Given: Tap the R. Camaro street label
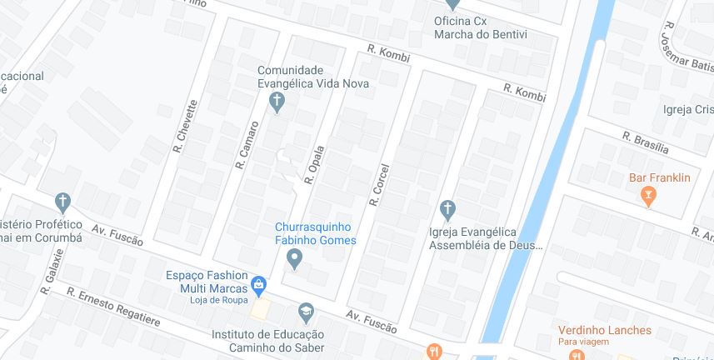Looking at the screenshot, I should [247, 145].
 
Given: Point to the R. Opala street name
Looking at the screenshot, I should [314, 162].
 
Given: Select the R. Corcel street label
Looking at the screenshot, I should [379, 184].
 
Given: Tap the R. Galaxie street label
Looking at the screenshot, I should [52, 272].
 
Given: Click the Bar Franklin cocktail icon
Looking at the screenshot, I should [648, 197].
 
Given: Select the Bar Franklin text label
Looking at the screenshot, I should [660, 177].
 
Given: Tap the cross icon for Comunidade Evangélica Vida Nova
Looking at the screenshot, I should [277, 102].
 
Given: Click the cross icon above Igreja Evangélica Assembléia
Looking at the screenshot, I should [447, 207].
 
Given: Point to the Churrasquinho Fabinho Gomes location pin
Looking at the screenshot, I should [294, 260].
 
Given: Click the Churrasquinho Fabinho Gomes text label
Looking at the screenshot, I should [316, 233].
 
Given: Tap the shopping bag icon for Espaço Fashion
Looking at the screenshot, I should [258, 285].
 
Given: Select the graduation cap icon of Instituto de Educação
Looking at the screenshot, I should [306, 312].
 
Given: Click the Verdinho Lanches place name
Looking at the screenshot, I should [604, 330].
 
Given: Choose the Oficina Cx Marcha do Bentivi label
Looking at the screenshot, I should [481, 27].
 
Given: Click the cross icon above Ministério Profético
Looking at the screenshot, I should [62, 201].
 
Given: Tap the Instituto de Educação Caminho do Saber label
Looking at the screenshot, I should [267, 341].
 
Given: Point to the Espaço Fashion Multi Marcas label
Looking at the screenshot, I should [207, 281].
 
